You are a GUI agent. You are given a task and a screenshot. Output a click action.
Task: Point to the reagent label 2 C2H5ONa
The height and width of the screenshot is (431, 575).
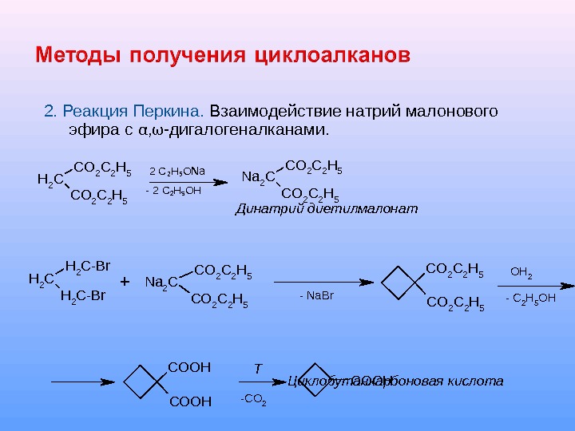point(177,171)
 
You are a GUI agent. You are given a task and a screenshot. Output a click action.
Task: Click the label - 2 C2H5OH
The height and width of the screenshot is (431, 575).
point(173,192)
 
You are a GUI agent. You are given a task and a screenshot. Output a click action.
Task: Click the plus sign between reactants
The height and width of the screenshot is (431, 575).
point(124,283)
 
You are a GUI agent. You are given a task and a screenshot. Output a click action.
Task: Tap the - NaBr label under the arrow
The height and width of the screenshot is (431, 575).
point(315,297)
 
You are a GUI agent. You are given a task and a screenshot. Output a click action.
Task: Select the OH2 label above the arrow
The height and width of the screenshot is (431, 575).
point(521,272)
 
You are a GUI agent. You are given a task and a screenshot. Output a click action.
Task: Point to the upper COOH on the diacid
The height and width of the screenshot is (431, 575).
point(189,367)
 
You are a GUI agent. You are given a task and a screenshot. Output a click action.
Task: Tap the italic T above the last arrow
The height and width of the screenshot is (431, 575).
point(257,368)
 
